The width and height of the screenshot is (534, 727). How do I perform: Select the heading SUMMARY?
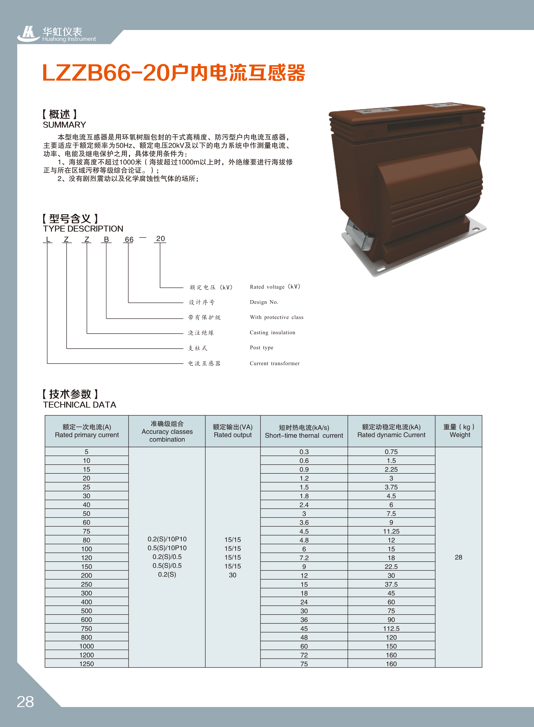(x=64, y=125)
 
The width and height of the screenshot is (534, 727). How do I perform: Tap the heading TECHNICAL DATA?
(x=80, y=405)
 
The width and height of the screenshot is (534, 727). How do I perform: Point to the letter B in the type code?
(x=106, y=239)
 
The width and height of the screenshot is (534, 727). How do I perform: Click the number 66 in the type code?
(x=129, y=239)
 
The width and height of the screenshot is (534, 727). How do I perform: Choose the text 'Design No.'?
(x=264, y=302)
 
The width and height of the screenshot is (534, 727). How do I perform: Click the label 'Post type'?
(x=262, y=348)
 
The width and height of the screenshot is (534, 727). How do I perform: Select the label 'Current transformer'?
(x=275, y=363)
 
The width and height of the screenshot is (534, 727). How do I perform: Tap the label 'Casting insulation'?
(x=272, y=332)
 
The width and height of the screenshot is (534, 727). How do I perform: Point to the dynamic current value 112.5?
(x=391, y=629)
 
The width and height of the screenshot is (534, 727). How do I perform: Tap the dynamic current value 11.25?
(x=391, y=531)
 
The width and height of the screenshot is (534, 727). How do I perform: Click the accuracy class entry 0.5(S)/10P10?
(x=167, y=548)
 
